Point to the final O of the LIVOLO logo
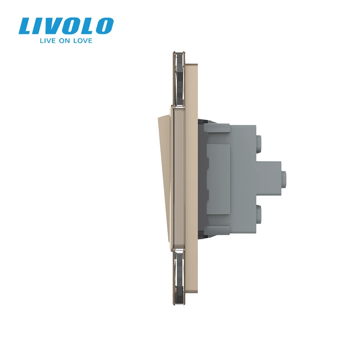pyautogui.click(x=104, y=26)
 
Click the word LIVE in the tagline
pyautogui.click(x=48, y=41)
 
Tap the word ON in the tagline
pyautogui.click(x=64, y=41)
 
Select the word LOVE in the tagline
pyautogui.click(x=83, y=41)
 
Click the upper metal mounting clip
pyautogui.click(x=179, y=80)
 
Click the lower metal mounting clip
pyautogui.click(x=179, y=276)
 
